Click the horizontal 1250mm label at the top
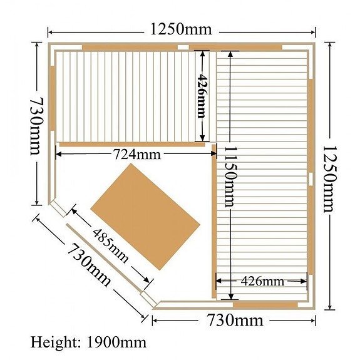(x=180, y=29)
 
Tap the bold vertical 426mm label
(x=202, y=95)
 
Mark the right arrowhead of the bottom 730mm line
(x=314, y=321)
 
